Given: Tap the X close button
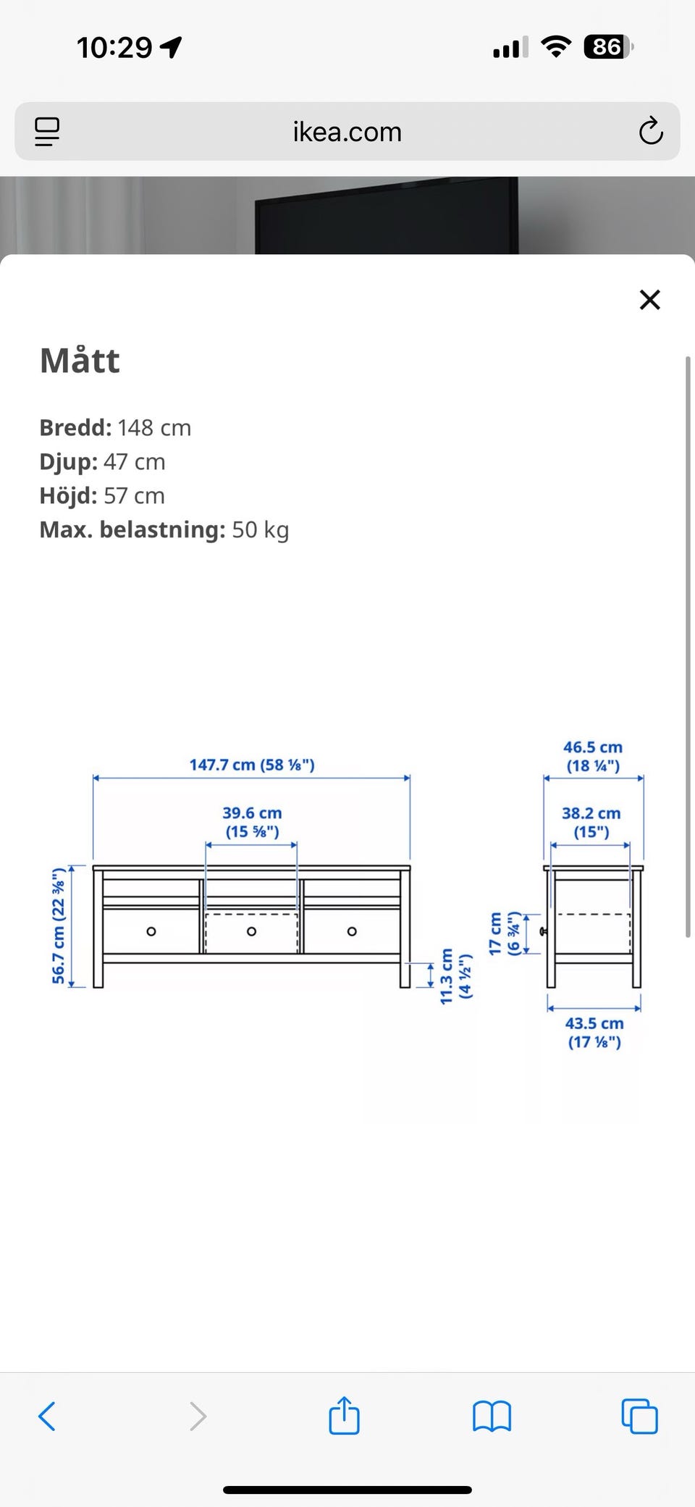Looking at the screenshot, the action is (x=650, y=299).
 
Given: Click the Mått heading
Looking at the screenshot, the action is (x=80, y=360).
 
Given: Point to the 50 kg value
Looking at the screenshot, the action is (x=261, y=530).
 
